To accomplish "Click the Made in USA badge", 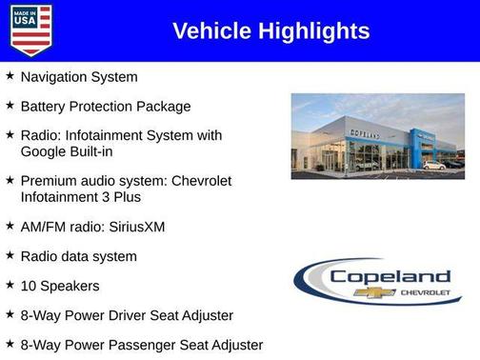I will (x=30, y=30).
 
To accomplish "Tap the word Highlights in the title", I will (x=312, y=31).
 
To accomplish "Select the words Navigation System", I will (x=79, y=77).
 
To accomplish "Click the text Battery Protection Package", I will (x=106, y=107).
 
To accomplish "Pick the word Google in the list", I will (x=46, y=150).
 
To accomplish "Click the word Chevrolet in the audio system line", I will (x=195, y=180).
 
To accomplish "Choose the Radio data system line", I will (x=79, y=256).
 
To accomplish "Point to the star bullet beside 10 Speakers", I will (x=10, y=285).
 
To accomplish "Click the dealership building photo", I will (x=377, y=135).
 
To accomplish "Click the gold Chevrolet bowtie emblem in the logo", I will (x=368, y=292).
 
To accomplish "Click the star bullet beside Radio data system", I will (x=10, y=255).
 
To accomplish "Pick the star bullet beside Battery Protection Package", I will (x=10, y=106).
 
